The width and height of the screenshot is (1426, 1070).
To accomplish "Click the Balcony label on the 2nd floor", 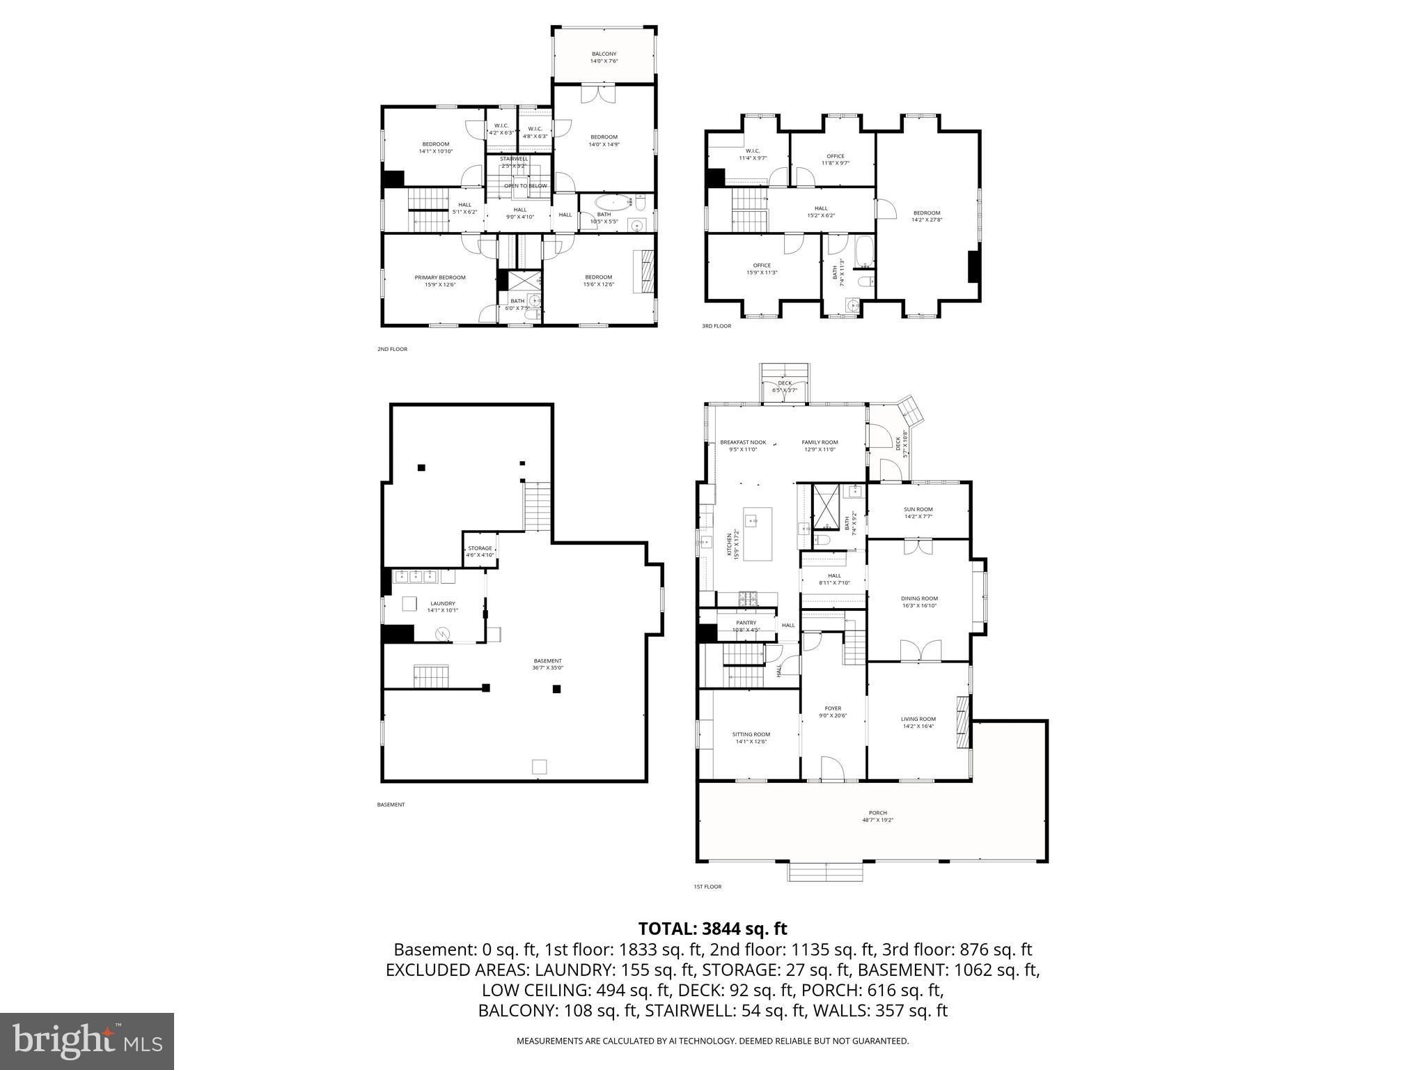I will (604, 54).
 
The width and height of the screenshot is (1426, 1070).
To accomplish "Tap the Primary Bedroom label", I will (440, 277).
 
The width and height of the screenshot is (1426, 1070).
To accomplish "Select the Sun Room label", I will (918, 509).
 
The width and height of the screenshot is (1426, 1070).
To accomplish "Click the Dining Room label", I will (919, 598).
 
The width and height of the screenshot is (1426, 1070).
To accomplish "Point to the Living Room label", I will (918, 719).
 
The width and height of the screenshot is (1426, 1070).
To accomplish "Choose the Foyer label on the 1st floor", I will (833, 708).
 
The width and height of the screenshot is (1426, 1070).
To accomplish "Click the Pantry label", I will (746, 623).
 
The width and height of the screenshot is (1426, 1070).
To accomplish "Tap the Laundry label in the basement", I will (442, 603).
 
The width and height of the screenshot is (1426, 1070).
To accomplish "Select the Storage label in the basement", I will (480, 548).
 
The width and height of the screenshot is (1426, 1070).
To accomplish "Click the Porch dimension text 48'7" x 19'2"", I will (877, 820).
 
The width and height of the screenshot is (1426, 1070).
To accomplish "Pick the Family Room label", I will (820, 442).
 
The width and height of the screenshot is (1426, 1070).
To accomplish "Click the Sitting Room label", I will (751, 734).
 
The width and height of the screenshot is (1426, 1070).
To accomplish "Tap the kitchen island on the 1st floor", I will (758, 534).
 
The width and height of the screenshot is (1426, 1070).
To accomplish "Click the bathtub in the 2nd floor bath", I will (615, 203).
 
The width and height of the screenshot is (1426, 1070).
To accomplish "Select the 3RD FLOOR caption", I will (716, 326).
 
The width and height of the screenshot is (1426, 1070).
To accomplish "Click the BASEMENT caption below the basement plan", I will (391, 805).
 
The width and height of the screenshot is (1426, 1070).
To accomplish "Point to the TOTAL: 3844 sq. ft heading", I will (712, 929).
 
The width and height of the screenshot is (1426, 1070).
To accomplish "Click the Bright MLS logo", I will (87, 1041).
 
